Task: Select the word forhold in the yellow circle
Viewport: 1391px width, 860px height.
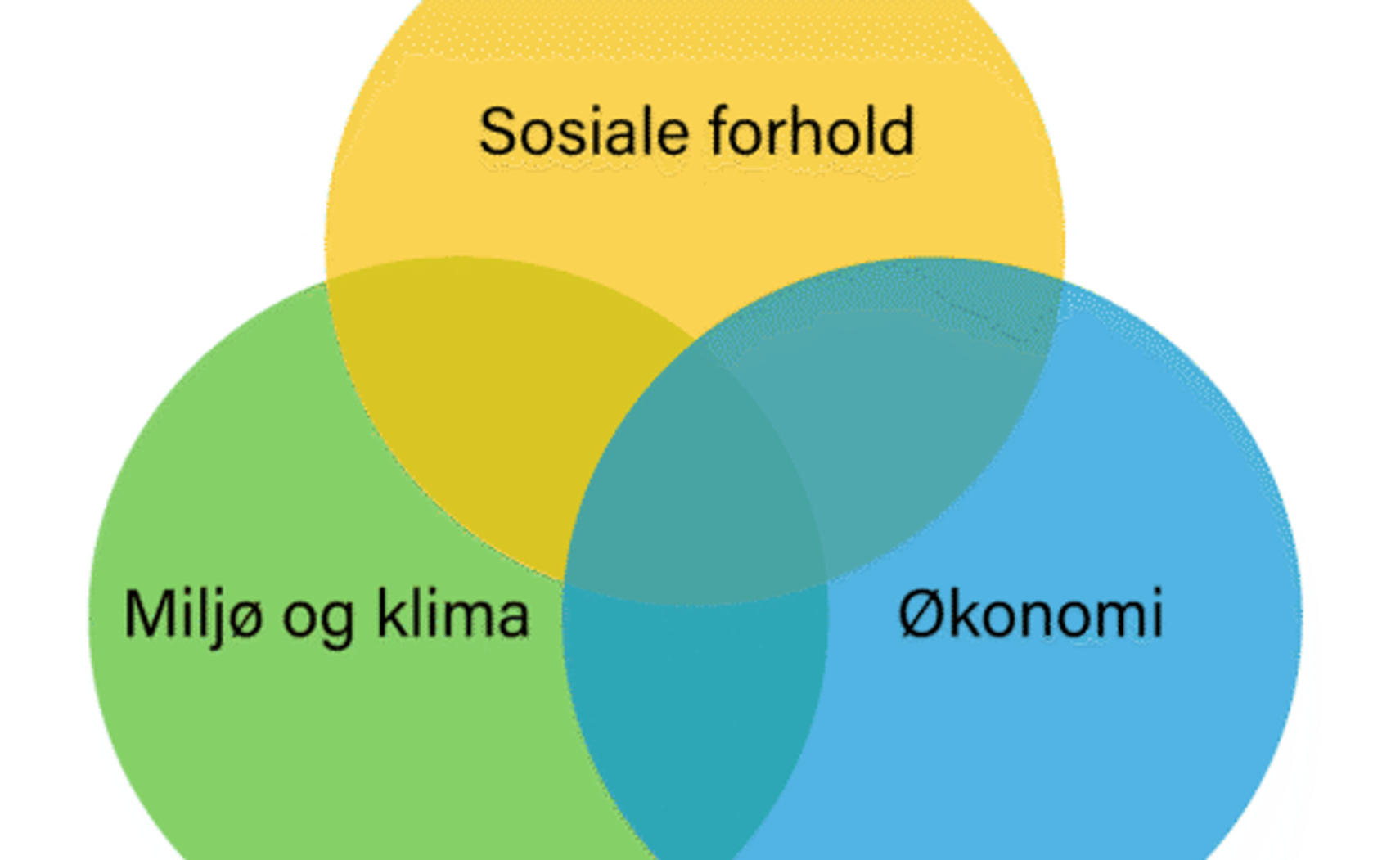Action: (x=811, y=131)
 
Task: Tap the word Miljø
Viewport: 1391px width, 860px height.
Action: (x=194, y=615)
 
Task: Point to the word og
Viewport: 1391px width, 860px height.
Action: (x=317, y=619)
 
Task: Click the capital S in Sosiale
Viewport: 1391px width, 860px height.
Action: (x=499, y=132)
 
